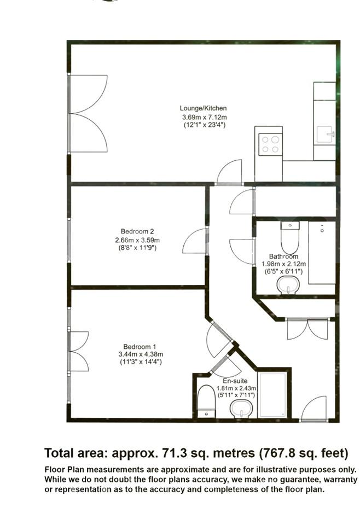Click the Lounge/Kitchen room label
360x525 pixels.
pyautogui.click(x=204, y=108)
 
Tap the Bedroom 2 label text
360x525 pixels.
pyautogui.click(x=137, y=231)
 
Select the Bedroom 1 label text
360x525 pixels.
pyautogui.click(x=140, y=347)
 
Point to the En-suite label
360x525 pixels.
pyautogui.click(x=235, y=381)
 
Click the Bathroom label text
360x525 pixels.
pyautogui.click(x=283, y=256)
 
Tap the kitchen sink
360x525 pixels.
pyautogui.click(x=325, y=135)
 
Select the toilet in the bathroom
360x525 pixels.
pyautogui.click(x=289, y=237)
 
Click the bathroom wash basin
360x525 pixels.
pyautogui.click(x=288, y=285)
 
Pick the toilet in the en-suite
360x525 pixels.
pyautogui.click(x=206, y=401)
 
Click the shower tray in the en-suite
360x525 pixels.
pyautogui.click(x=272, y=395)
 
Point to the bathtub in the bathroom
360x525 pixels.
pyautogui.click(x=322, y=253)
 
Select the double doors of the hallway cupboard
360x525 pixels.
pyautogui.click(x=308, y=330)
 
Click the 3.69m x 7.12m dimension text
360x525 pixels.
pyautogui.click(x=204, y=117)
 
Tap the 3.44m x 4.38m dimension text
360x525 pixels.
pyautogui.click(x=141, y=354)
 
